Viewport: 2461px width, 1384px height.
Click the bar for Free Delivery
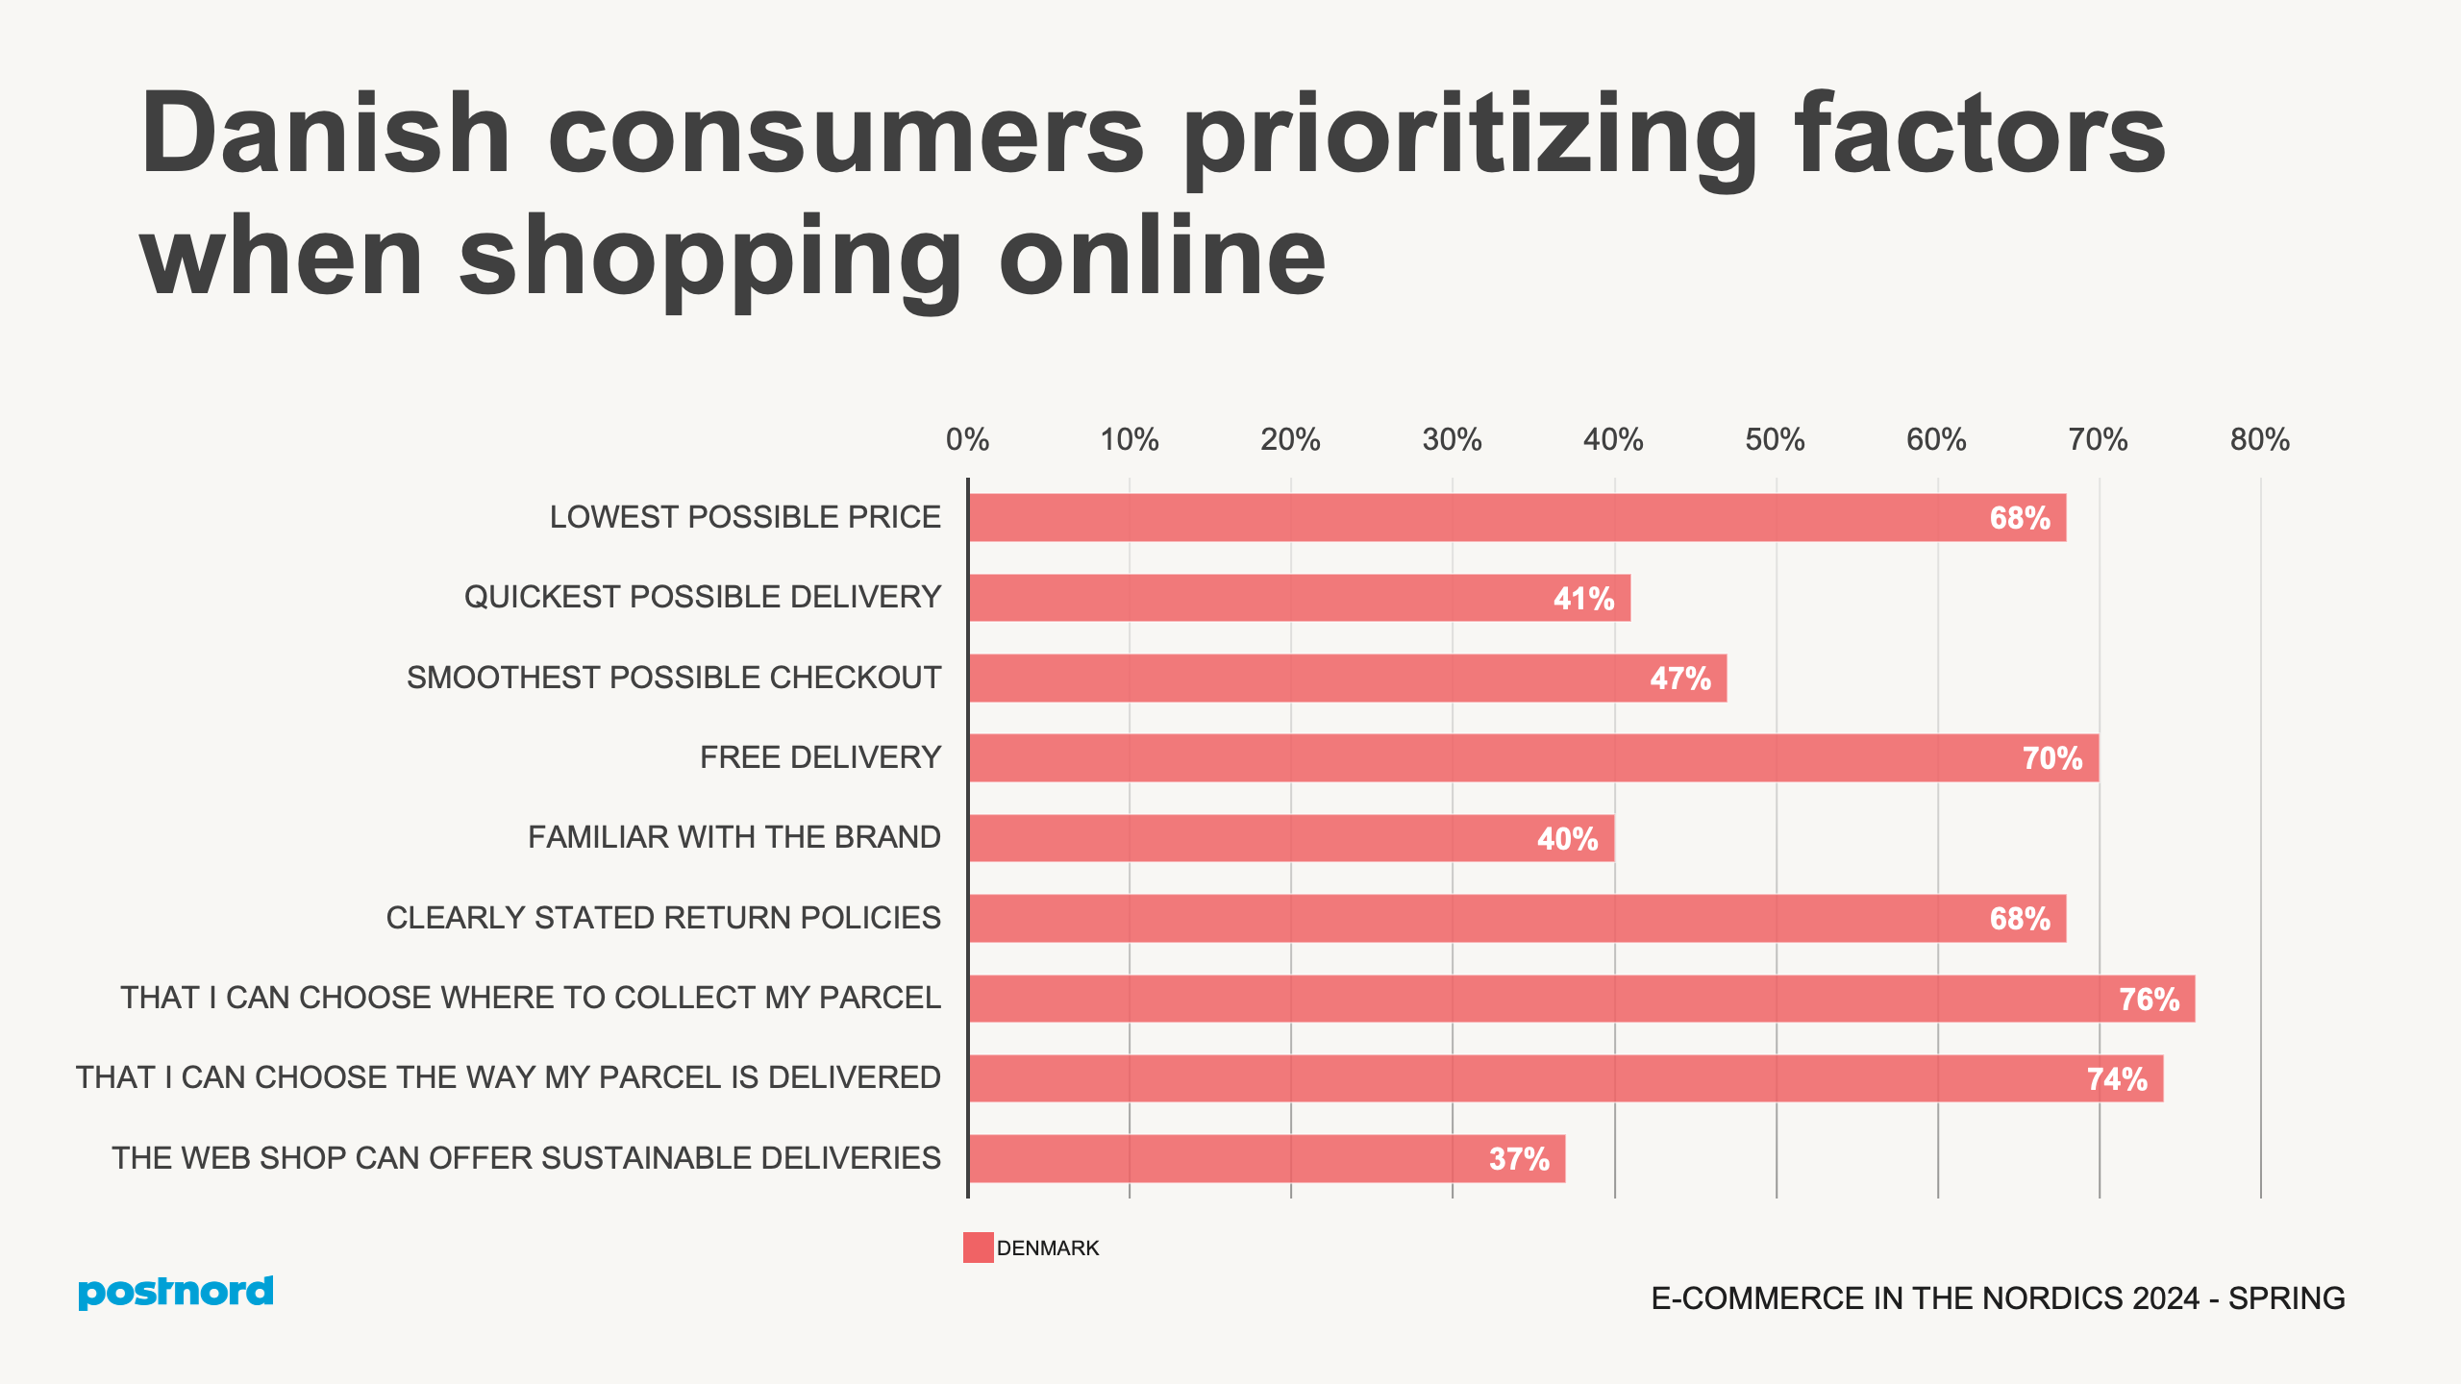[x=1532, y=757]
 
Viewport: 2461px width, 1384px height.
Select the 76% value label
[x=2149, y=1000]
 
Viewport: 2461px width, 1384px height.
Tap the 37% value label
[x=1519, y=1159]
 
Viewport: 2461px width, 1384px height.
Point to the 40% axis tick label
[x=1613, y=440]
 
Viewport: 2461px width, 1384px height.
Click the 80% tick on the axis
[x=2259, y=440]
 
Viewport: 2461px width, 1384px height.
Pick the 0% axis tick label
[x=967, y=440]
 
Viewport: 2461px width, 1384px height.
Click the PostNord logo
[x=176, y=1292]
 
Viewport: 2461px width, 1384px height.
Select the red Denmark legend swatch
[x=978, y=1248]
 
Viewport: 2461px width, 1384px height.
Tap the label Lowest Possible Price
[x=745, y=517]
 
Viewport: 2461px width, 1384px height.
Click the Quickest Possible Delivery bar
[x=1298, y=598]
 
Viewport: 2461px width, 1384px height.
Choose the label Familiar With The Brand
[x=733, y=837]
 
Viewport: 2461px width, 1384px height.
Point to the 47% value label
[x=1680, y=679]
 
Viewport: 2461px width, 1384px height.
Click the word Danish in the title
[x=325, y=135]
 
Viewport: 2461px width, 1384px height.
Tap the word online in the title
[x=1162, y=257]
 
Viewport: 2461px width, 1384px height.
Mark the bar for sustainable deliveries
[x=1266, y=1158]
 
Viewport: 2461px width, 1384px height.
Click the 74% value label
[x=2116, y=1079]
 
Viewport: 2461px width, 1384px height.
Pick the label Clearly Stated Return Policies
[x=663, y=918]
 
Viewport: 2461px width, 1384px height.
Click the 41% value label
[x=1583, y=599]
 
